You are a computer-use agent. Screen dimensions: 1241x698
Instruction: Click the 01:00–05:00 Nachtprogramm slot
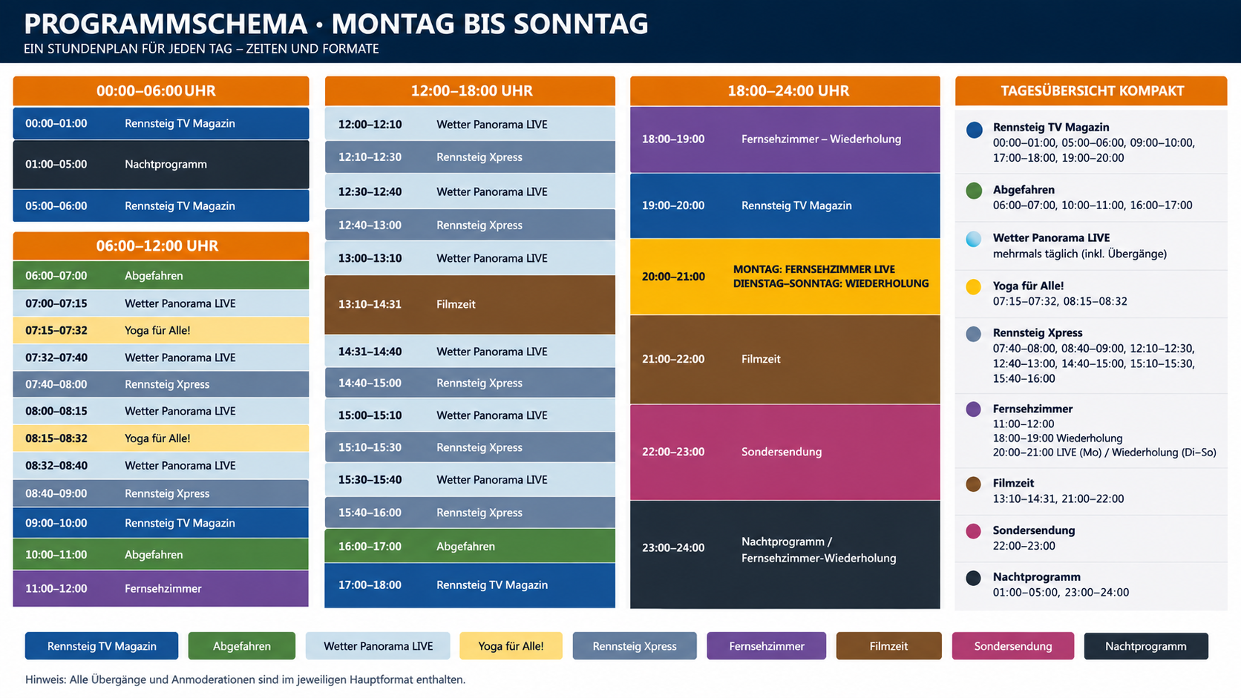click(160, 165)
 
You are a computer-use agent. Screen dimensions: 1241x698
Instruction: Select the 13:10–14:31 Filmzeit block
click(470, 304)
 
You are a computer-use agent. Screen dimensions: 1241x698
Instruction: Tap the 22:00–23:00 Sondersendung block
click(785, 452)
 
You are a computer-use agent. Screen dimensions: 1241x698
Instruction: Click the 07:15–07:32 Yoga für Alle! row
click(160, 331)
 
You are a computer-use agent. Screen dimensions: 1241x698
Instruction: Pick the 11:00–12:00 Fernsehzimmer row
click(160, 588)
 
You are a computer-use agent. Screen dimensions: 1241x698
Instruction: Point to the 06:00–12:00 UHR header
click(160, 246)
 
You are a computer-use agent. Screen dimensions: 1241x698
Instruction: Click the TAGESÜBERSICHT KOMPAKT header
click(1091, 90)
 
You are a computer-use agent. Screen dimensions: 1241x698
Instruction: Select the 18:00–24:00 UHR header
click(785, 90)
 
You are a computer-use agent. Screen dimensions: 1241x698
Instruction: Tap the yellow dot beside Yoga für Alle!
click(973, 287)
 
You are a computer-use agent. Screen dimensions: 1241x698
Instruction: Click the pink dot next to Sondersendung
click(973, 531)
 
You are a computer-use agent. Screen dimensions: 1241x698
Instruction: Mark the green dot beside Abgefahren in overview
click(973, 191)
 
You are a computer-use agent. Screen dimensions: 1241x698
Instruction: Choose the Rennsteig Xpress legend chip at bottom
click(635, 646)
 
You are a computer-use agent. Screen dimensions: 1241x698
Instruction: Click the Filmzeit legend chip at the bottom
click(888, 646)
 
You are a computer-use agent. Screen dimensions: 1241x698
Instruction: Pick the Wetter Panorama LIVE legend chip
click(378, 646)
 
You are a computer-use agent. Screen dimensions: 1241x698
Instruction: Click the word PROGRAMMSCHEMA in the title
click(166, 24)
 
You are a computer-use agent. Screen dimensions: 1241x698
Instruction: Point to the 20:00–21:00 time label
click(673, 276)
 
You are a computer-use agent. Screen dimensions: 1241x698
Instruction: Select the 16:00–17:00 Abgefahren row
click(470, 547)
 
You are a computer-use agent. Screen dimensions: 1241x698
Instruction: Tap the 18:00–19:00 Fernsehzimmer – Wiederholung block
click(785, 139)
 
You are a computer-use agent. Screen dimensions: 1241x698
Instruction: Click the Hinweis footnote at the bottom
click(245, 679)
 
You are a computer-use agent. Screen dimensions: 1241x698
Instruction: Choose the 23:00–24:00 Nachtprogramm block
click(785, 555)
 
